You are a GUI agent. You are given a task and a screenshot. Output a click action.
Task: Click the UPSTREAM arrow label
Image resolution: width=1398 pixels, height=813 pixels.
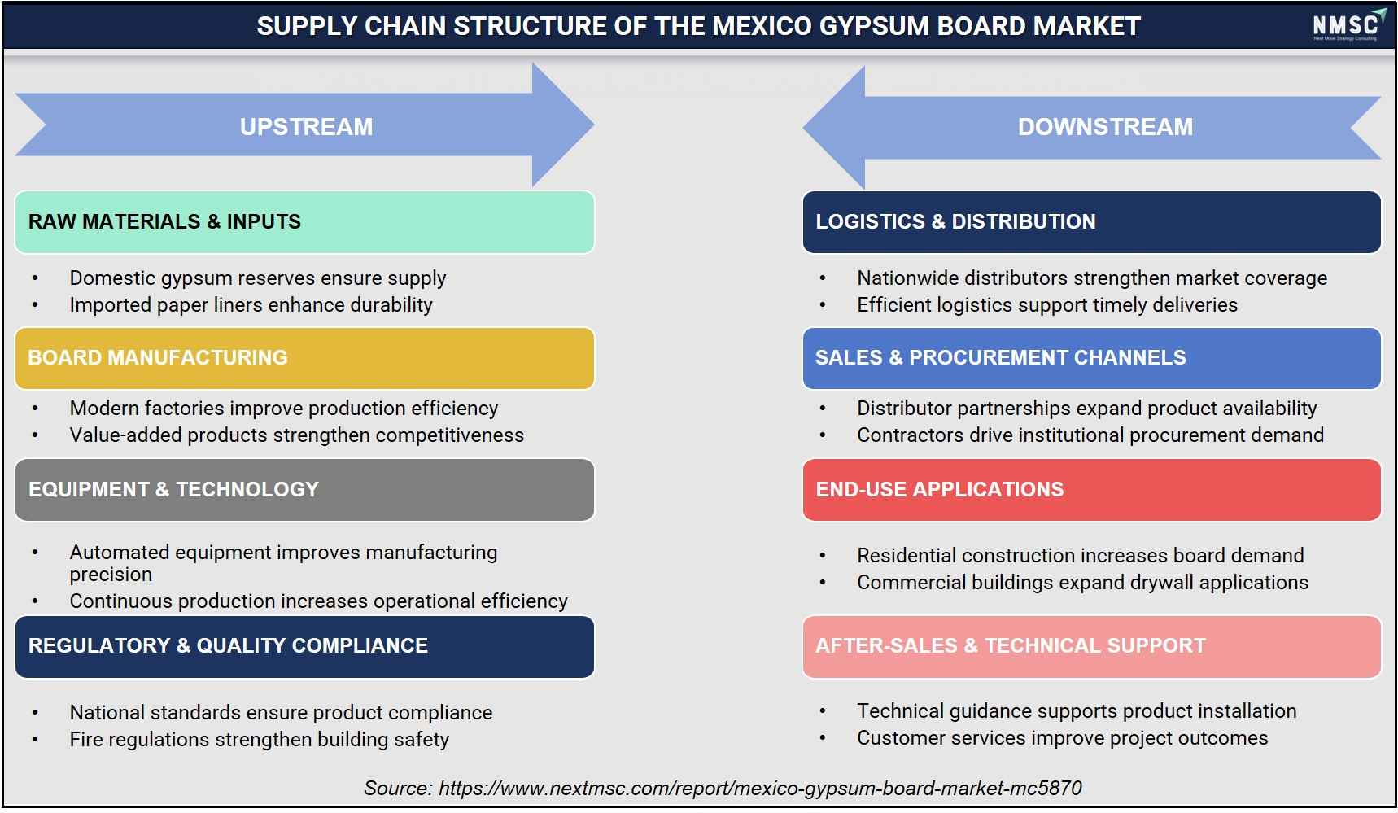[306, 127]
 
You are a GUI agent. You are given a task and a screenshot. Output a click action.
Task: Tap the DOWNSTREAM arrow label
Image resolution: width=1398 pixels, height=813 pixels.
[1105, 127]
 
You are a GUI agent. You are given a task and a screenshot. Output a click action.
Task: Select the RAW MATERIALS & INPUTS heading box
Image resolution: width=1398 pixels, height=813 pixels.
[304, 222]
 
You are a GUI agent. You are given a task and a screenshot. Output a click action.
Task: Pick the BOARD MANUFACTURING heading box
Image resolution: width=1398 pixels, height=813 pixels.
[304, 358]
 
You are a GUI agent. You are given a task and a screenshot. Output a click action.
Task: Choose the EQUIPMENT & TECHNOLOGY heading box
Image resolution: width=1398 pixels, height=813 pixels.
[304, 490]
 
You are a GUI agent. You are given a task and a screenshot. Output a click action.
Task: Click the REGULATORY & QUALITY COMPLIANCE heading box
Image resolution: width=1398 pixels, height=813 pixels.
[304, 646]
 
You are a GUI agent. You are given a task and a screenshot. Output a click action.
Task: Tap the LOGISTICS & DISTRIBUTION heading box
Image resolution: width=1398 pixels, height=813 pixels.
[1091, 222]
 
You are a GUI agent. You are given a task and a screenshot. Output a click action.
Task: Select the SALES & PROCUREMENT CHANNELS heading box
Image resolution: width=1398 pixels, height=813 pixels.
[1091, 358]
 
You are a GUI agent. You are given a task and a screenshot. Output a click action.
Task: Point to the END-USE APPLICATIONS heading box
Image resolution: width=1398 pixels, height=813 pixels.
[1091, 490]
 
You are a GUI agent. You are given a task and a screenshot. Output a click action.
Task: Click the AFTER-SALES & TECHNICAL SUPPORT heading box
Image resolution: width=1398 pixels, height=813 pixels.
[1091, 646]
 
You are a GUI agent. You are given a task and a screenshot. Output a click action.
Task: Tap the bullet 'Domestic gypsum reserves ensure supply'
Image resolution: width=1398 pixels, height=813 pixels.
[257, 278]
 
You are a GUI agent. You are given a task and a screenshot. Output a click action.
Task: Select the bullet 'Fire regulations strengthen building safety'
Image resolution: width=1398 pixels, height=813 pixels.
[259, 740]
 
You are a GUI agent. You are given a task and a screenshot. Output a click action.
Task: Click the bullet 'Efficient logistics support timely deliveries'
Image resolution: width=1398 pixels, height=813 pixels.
[1047, 305]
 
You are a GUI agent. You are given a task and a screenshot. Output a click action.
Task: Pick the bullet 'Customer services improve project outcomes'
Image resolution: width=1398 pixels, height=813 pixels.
[1062, 738]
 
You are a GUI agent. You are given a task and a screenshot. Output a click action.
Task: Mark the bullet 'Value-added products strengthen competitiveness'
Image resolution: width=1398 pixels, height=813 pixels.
[296, 435]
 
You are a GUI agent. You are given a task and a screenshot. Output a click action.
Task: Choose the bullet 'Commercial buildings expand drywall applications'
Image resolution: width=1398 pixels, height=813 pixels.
[1082, 583]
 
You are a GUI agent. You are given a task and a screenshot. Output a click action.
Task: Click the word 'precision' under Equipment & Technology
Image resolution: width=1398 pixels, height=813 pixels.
[111, 575]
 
